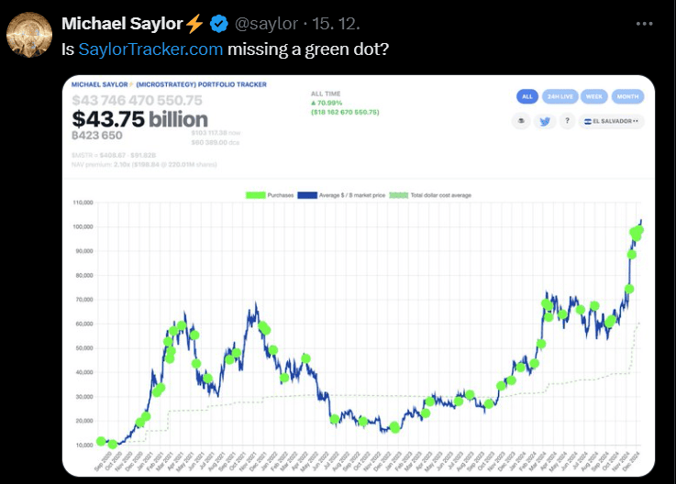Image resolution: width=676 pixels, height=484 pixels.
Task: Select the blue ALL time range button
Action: tap(526, 96)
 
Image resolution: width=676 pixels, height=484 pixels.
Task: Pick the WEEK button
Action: tap(593, 96)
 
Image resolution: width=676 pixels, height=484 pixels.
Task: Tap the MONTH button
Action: tap(627, 96)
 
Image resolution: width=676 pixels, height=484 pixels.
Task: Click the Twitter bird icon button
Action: tap(545, 121)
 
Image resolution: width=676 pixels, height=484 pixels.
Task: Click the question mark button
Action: tap(568, 121)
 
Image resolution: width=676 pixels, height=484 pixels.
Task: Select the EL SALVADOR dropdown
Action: tap(613, 121)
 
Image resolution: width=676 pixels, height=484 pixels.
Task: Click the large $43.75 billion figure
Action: tap(139, 119)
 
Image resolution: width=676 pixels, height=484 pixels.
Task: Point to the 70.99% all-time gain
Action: tap(333, 103)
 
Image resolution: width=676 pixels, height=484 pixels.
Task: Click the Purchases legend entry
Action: tap(272, 194)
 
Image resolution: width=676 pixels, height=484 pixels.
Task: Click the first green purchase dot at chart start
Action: tap(100, 441)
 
